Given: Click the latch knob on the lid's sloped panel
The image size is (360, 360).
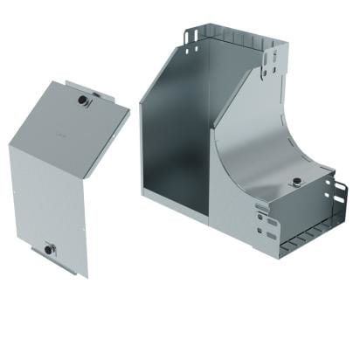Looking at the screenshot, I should [83, 101].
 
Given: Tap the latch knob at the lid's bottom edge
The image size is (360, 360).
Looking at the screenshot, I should [49, 249].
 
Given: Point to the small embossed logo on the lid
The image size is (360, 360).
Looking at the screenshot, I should [59, 138].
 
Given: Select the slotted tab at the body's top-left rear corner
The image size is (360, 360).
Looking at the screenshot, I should [192, 39].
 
